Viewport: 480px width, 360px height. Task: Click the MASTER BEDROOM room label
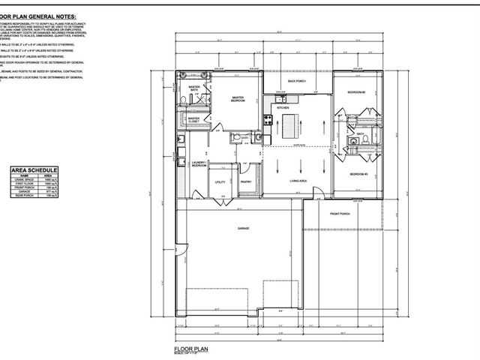coord(238,99)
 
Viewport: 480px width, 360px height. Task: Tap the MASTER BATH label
coord(194,89)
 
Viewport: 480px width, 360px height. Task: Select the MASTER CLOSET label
coord(193,119)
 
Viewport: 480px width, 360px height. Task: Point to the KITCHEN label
coord(283,108)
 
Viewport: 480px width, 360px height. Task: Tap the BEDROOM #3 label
coord(356,175)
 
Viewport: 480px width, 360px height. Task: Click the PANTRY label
coord(245,181)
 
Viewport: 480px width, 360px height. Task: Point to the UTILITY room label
coord(220,181)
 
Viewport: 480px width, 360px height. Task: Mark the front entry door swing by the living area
coord(320,193)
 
